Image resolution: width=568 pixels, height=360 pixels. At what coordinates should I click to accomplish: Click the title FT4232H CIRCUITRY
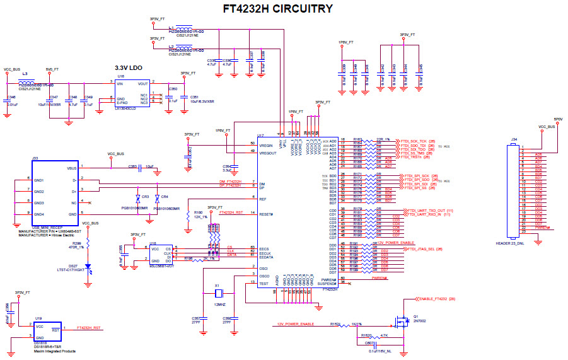278,9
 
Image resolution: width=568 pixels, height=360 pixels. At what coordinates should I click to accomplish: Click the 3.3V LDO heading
130,67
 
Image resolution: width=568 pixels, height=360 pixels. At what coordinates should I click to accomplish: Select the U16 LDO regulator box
132,92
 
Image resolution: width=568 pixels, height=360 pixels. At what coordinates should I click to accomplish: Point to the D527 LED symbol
88,267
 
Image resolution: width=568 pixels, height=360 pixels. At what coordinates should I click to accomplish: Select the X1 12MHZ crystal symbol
218,294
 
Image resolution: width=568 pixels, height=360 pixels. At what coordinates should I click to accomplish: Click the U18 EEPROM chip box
160,253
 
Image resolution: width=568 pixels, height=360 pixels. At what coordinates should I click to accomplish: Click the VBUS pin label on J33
71,168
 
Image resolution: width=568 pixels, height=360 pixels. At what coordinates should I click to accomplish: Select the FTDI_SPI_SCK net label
416,176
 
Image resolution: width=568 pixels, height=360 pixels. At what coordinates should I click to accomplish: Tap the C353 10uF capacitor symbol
142,168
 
